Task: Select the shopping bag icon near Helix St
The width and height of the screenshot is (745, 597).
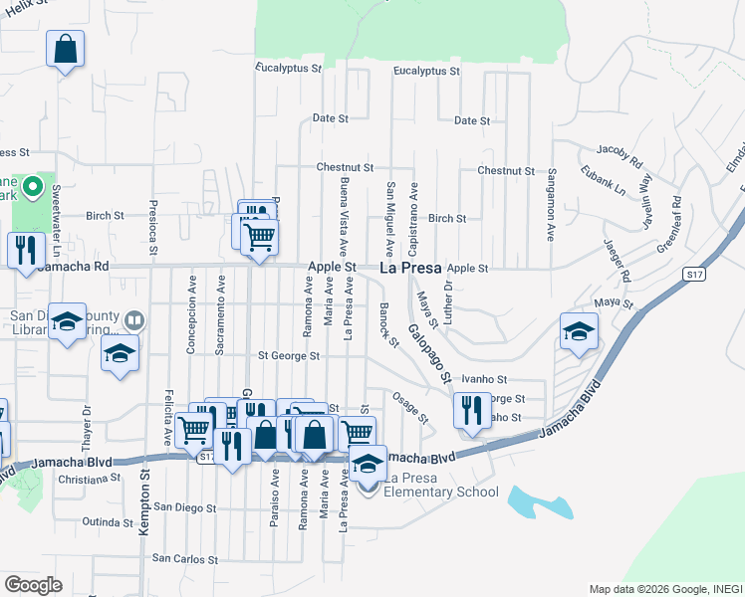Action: [65, 49]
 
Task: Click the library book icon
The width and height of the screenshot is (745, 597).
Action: [133, 321]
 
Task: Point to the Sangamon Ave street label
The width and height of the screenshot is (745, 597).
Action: [550, 205]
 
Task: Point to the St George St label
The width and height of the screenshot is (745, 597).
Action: [289, 355]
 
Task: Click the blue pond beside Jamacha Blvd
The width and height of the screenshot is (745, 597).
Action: [538, 501]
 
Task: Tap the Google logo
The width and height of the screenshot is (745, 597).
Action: [33, 585]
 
